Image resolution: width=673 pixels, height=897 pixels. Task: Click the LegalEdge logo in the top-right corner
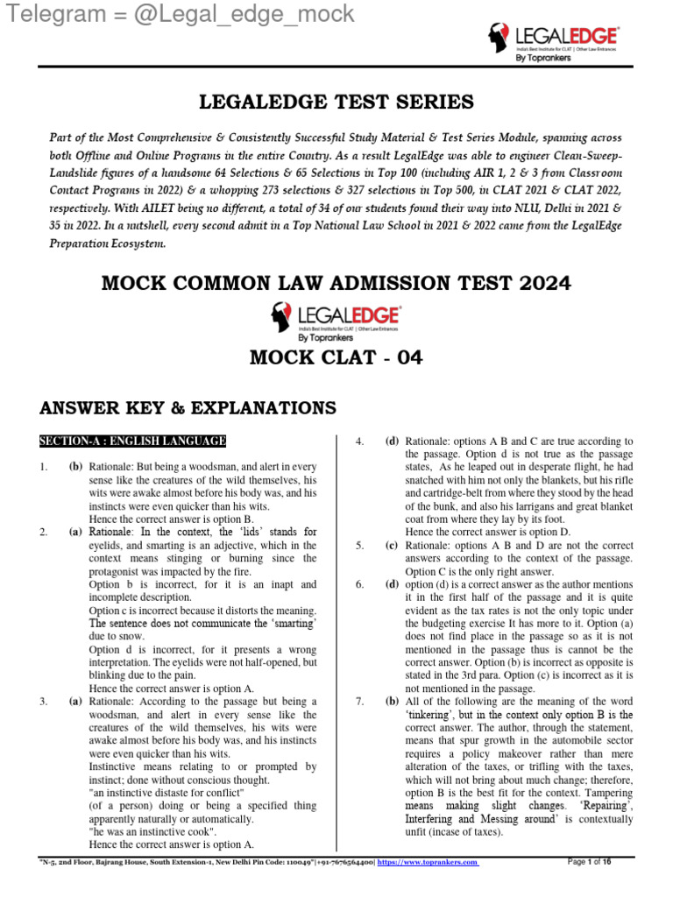(x=553, y=42)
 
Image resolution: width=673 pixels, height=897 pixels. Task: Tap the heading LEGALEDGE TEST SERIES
(x=337, y=102)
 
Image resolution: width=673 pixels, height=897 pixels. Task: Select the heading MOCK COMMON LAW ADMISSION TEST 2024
(x=336, y=283)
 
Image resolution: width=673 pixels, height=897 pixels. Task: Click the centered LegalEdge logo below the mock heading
(x=336, y=321)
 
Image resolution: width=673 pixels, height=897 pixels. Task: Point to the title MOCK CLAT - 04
(x=336, y=358)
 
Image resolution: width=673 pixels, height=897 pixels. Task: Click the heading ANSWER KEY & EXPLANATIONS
(x=188, y=407)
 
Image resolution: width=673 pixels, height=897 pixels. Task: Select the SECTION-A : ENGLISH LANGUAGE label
(x=132, y=441)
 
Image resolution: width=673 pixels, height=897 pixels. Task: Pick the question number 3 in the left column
(x=44, y=702)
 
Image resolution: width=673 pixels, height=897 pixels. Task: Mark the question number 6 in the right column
(x=359, y=584)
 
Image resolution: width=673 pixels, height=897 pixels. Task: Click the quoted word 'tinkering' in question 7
(x=426, y=715)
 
